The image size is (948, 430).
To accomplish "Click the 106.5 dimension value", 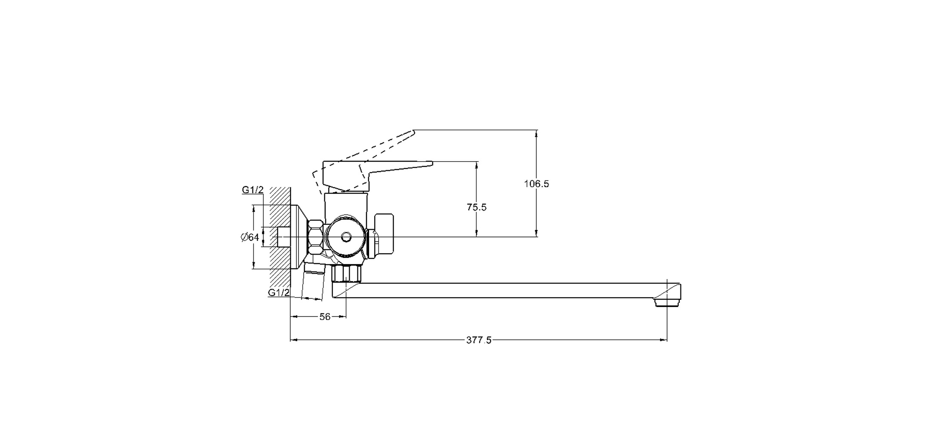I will coord(536,184).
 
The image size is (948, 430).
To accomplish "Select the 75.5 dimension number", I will coord(477,207).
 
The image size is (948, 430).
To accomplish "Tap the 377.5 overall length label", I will coord(478,340).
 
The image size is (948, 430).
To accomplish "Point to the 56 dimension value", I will coord(325,317).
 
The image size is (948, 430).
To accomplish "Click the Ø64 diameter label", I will coord(250,237).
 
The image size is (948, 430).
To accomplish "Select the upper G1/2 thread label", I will coord(252,190).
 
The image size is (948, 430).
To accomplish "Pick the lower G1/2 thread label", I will coord(278,293).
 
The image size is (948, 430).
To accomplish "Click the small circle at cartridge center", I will coord(345,236).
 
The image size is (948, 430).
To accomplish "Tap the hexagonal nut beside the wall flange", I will coord(316,237).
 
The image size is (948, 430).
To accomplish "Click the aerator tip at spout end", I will coord(667,303).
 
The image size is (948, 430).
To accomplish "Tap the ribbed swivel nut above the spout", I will coord(346,273).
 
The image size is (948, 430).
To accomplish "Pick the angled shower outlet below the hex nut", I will coord(313,284).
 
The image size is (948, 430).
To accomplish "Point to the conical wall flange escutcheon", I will coord(299,237).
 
